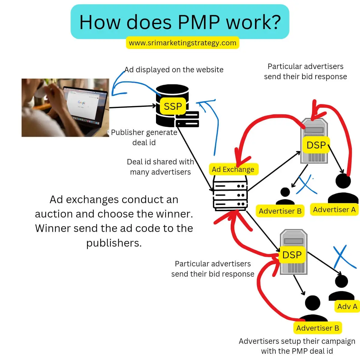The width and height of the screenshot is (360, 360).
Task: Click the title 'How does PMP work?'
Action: (x=180, y=22)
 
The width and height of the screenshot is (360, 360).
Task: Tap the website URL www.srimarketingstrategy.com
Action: (x=182, y=43)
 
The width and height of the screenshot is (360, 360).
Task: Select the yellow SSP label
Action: (x=172, y=106)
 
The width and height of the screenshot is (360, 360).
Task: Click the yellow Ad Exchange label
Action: (x=233, y=169)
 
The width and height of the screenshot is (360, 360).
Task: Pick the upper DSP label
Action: (x=316, y=145)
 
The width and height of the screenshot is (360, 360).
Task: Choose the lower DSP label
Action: (x=292, y=255)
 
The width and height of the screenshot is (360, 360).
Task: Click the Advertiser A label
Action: (x=334, y=210)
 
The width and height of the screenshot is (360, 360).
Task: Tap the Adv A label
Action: (x=347, y=306)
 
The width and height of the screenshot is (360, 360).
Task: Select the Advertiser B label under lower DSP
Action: (x=317, y=328)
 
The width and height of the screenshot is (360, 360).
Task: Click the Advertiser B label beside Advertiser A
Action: (x=280, y=211)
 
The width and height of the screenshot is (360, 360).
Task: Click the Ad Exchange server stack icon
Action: (x=230, y=195)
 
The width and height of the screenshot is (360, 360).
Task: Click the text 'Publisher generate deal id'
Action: (x=144, y=137)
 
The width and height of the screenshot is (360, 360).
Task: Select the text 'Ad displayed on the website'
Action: (x=174, y=70)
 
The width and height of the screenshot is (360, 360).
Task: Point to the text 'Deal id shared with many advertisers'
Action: (x=160, y=167)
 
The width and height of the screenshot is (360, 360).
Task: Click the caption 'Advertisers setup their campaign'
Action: (x=297, y=341)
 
